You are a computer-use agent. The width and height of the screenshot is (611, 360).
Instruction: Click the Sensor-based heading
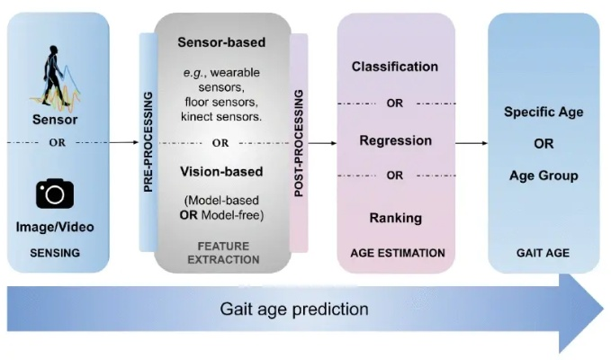[x=220, y=42]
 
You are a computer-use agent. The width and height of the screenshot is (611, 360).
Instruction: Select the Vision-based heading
[x=220, y=171]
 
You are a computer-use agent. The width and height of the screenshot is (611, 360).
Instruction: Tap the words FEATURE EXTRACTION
[x=221, y=253]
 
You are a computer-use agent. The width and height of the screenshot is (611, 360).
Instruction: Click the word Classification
[x=395, y=67]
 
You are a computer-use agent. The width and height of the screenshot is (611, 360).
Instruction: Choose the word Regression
[x=395, y=140]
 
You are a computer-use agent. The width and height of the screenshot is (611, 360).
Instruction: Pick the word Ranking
[x=395, y=217]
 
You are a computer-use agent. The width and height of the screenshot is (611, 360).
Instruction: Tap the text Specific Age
[x=544, y=112]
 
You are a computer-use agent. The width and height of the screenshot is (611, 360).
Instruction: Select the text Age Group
[x=544, y=175]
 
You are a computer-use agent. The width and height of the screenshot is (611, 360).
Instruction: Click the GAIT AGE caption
[x=544, y=253]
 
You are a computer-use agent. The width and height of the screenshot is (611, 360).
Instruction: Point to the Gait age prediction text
[x=294, y=309]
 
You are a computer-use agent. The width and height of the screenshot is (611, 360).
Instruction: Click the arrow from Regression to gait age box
[x=471, y=142]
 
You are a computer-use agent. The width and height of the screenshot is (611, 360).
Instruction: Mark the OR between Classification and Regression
[x=395, y=103]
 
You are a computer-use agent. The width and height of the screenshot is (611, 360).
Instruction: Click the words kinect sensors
[x=220, y=118]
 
